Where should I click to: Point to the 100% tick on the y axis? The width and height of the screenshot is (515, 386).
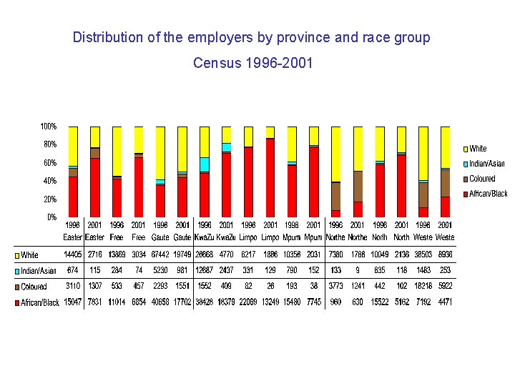click(48, 127)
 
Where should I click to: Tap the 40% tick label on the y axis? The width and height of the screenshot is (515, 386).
click(48, 181)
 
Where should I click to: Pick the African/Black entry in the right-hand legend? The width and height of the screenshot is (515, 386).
click(488, 194)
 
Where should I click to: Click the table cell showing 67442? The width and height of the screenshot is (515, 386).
click(161, 254)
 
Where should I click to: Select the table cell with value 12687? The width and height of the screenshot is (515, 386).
click(205, 271)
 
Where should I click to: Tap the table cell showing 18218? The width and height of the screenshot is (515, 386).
click(423, 287)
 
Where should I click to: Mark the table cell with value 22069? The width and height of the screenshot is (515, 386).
click(248, 302)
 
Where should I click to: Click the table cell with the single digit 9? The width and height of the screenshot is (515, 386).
click(357, 271)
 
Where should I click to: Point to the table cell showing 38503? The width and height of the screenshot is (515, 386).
click(423, 254)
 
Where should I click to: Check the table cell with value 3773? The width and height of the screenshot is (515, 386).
click(335, 287)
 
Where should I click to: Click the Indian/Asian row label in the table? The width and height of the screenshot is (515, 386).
click(39, 271)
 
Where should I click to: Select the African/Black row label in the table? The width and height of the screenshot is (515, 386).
click(40, 302)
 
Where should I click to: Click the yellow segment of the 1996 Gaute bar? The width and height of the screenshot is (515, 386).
click(161, 152)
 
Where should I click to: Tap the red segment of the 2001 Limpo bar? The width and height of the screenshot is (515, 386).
click(270, 178)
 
